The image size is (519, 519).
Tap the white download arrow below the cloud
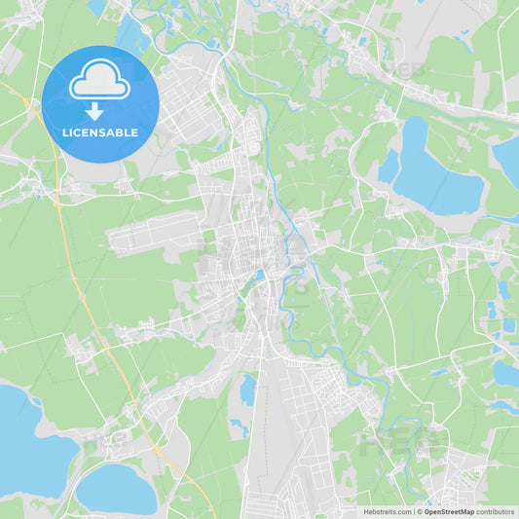[x=95, y=111]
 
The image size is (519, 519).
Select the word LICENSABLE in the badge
[x=99, y=132]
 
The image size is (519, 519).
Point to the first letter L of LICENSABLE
[x=63, y=132]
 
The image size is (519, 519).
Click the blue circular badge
[x=99, y=104]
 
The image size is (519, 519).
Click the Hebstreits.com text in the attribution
[x=388, y=511]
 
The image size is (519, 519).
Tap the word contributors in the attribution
[x=496, y=511]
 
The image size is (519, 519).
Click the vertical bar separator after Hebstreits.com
[x=414, y=511]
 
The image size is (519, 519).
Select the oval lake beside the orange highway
[x=116, y=489]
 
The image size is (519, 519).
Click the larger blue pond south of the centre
[x=249, y=389]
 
